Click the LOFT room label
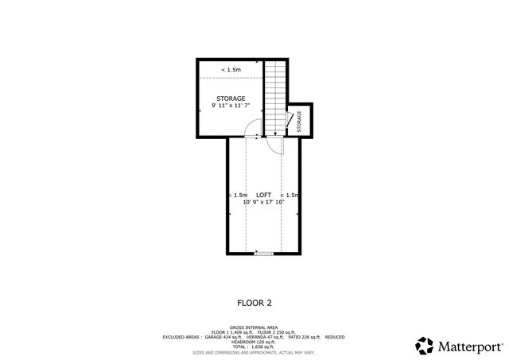pos(263,195)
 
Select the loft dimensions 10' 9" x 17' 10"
pos(263,203)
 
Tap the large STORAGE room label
pos(231,99)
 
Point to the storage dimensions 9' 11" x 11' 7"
pos(231,106)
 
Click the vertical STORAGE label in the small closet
pos(300,121)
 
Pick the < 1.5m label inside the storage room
pos(231,70)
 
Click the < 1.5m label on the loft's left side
pos(238,195)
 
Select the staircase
pos(275,95)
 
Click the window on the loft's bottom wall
pos(263,254)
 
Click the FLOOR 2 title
pos(254,302)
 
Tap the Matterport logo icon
pos(424,346)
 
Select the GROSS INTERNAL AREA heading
pos(254,327)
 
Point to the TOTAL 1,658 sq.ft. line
pos(254,346)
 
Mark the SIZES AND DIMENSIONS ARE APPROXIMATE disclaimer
pos(254,351)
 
